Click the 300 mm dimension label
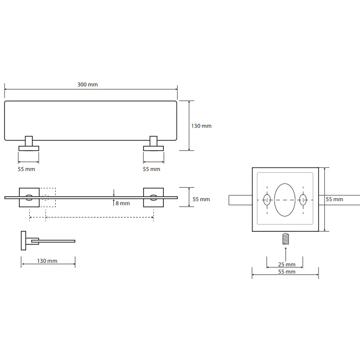87,85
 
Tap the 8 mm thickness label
122,203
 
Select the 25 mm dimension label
287,265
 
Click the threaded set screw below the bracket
285,238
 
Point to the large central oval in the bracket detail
285,200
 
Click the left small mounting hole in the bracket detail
267,199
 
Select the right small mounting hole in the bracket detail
303,199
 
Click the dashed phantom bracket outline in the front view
48,198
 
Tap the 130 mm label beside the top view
201,126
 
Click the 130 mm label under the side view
47,261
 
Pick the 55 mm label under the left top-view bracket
27,169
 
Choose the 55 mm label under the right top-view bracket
151,169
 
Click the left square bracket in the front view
29,198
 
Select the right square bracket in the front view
153,198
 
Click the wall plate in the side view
23,240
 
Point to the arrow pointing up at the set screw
286,254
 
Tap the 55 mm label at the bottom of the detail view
287,272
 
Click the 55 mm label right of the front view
201,199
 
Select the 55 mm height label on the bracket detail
334,199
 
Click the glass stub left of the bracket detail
240,200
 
